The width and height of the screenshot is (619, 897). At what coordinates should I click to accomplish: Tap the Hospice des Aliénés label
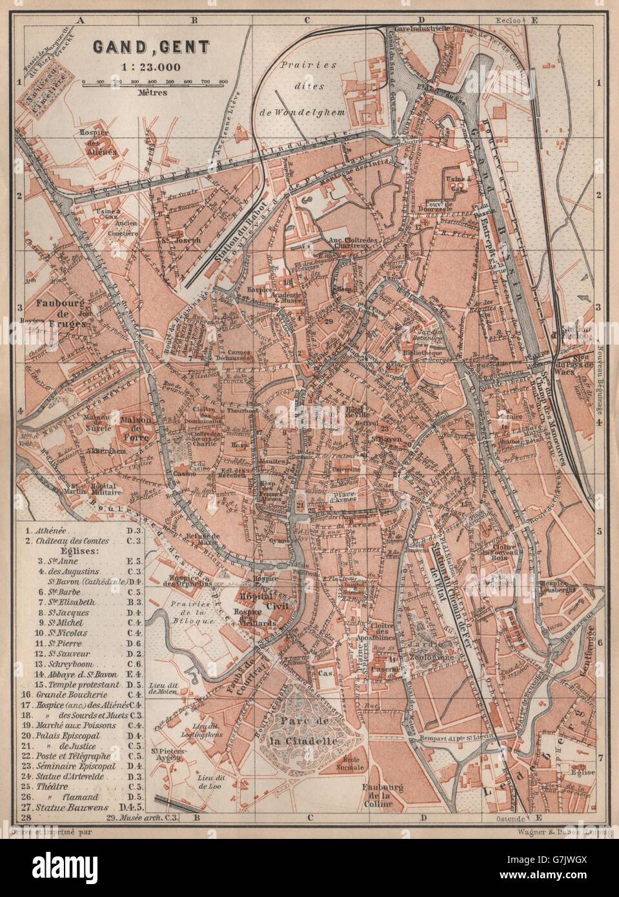(x=107, y=127)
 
